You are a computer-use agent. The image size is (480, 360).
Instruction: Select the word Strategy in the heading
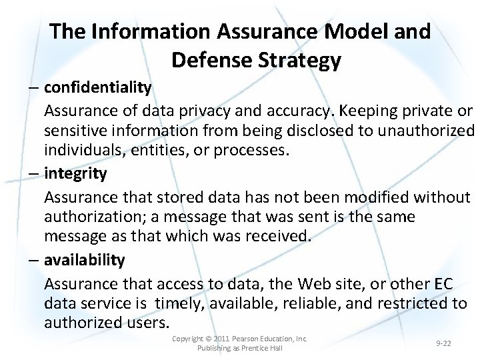[x=299, y=61]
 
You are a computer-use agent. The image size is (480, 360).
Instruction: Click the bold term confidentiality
[x=98, y=87]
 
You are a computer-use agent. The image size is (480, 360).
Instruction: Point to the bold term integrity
[x=75, y=173]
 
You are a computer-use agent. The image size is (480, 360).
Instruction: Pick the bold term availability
[x=85, y=259]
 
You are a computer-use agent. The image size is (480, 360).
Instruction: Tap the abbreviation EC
[x=443, y=283]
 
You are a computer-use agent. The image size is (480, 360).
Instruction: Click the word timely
[x=181, y=303]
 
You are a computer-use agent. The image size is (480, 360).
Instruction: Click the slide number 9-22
[x=443, y=343]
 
